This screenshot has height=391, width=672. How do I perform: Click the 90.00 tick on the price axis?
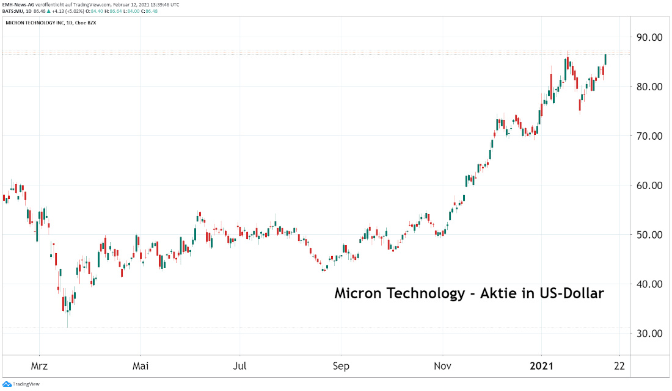click(x=649, y=37)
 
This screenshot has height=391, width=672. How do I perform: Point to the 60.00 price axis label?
click(x=649, y=185)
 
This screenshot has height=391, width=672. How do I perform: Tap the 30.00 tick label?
click(x=649, y=334)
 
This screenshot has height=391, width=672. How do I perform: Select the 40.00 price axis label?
click(x=649, y=284)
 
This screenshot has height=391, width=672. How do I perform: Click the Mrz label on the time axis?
click(x=39, y=366)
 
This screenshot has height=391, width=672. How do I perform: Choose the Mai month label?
click(x=141, y=366)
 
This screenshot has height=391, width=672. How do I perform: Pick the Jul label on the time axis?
click(x=240, y=366)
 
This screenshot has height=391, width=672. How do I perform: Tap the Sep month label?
click(x=341, y=366)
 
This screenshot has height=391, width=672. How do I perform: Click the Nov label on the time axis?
click(x=442, y=366)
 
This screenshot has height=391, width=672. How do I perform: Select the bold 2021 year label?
click(x=542, y=366)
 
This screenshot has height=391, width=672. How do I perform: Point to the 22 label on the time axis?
click(x=619, y=366)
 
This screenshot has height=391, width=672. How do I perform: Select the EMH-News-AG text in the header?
click(x=18, y=4)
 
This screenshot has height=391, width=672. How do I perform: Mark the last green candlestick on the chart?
click(x=605, y=59)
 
